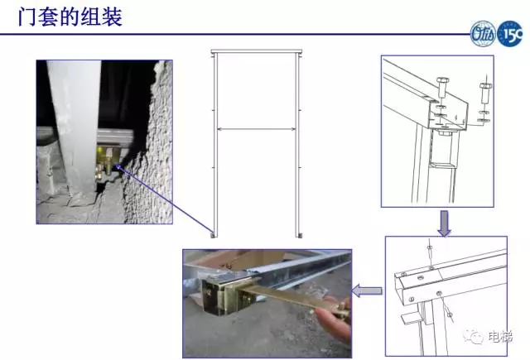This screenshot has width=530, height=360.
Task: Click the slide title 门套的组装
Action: [70, 17]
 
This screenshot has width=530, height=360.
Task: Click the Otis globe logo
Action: [484, 33]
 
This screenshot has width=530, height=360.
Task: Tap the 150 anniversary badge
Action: [510, 33]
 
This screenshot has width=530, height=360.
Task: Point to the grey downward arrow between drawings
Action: [444, 223]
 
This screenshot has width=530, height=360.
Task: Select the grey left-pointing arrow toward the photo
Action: [367, 291]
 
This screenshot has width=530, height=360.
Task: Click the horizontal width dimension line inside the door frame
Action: [257, 128]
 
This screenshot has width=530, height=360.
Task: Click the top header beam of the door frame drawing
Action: [256, 51]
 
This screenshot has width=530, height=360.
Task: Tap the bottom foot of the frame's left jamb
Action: [214, 234]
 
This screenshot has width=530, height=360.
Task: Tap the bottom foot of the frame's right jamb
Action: [299, 235]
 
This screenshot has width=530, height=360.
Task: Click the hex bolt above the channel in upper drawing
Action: [442, 87]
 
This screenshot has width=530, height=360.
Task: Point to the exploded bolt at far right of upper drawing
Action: [485, 94]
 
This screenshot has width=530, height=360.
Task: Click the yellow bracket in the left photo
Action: [108, 161]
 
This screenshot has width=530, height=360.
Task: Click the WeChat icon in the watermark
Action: [473, 336]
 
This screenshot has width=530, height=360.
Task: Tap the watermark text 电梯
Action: [500, 337]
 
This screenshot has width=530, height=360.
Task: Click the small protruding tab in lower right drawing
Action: [411, 318]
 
